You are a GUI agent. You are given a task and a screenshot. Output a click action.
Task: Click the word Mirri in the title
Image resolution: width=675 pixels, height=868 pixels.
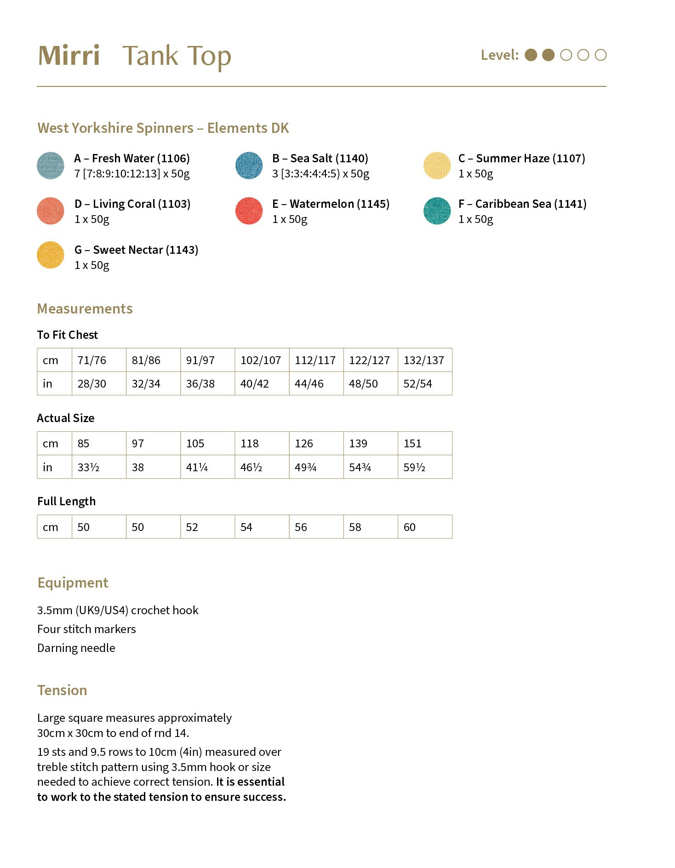pyautogui.click(x=69, y=56)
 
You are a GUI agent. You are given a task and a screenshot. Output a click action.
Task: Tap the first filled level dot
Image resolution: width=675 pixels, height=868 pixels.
pyautogui.click(x=531, y=55)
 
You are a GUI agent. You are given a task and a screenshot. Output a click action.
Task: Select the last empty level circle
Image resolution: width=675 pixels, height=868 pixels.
pyautogui.click(x=601, y=55)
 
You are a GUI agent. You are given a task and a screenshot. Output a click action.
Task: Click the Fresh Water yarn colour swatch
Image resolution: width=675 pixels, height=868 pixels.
pyautogui.click(x=51, y=166)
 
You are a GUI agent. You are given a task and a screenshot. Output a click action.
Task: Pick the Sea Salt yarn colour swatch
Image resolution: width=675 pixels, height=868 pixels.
pyautogui.click(x=249, y=166)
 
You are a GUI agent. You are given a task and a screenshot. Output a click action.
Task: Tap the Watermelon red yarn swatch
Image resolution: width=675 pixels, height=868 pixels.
pyautogui.click(x=249, y=211)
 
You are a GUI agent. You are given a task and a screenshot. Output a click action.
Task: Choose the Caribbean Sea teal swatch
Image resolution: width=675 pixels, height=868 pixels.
pyautogui.click(x=437, y=211)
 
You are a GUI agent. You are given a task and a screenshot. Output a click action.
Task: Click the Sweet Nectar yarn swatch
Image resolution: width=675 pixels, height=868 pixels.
pyautogui.click(x=51, y=255)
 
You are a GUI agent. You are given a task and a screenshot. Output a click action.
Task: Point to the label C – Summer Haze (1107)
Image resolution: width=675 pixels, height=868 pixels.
pyautogui.click(x=521, y=159)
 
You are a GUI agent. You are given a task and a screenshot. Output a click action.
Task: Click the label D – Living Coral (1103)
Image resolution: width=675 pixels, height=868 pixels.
pyautogui.click(x=132, y=204)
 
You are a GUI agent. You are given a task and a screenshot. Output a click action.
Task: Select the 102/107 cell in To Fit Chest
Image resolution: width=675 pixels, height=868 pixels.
pyautogui.click(x=261, y=360)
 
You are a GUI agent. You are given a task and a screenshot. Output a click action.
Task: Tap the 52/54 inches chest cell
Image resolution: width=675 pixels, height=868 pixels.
pyautogui.click(x=418, y=384)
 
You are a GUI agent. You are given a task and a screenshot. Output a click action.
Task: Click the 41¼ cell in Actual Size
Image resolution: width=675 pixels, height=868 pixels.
pyautogui.click(x=197, y=468)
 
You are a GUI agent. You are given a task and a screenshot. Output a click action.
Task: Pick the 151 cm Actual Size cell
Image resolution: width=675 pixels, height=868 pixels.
pyautogui.click(x=412, y=444)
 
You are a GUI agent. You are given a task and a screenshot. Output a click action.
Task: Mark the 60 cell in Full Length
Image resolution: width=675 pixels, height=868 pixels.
pyautogui.click(x=409, y=527)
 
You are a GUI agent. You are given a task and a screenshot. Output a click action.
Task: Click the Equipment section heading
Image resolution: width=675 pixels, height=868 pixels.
pyautogui.click(x=73, y=583)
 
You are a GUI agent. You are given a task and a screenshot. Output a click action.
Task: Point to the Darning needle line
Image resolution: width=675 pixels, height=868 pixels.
pyautogui.click(x=76, y=648)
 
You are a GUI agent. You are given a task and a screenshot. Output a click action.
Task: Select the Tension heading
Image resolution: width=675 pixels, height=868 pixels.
pyautogui.click(x=62, y=691)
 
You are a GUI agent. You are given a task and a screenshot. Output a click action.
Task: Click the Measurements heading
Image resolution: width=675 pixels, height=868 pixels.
pyautogui.click(x=85, y=309)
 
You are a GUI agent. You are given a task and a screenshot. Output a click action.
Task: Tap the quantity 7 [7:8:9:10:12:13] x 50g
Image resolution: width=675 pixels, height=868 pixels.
pyautogui.click(x=132, y=174)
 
